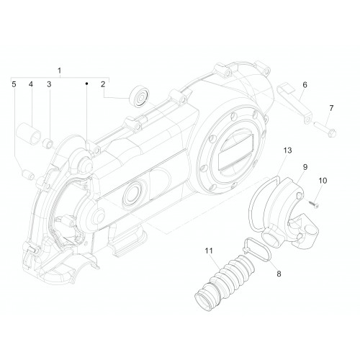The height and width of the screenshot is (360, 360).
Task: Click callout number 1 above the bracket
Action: pyautogui.click(x=59, y=71)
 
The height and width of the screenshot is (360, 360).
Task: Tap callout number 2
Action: pyautogui.click(x=103, y=84)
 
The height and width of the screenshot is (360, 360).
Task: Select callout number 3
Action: pyautogui.click(x=49, y=84)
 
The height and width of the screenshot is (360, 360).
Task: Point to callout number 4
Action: pyautogui.click(x=31, y=84)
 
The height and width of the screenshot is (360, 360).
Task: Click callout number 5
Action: pyautogui.click(x=14, y=84)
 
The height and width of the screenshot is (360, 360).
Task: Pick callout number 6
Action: pyautogui.click(x=305, y=85)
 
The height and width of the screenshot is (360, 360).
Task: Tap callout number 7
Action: pyautogui.click(x=331, y=108)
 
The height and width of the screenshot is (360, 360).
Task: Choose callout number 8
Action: pyautogui.click(x=279, y=274)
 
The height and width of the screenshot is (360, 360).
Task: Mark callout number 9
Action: pyautogui.click(x=305, y=167)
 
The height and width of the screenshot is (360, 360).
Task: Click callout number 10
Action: pyautogui.click(x=323, y=181)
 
